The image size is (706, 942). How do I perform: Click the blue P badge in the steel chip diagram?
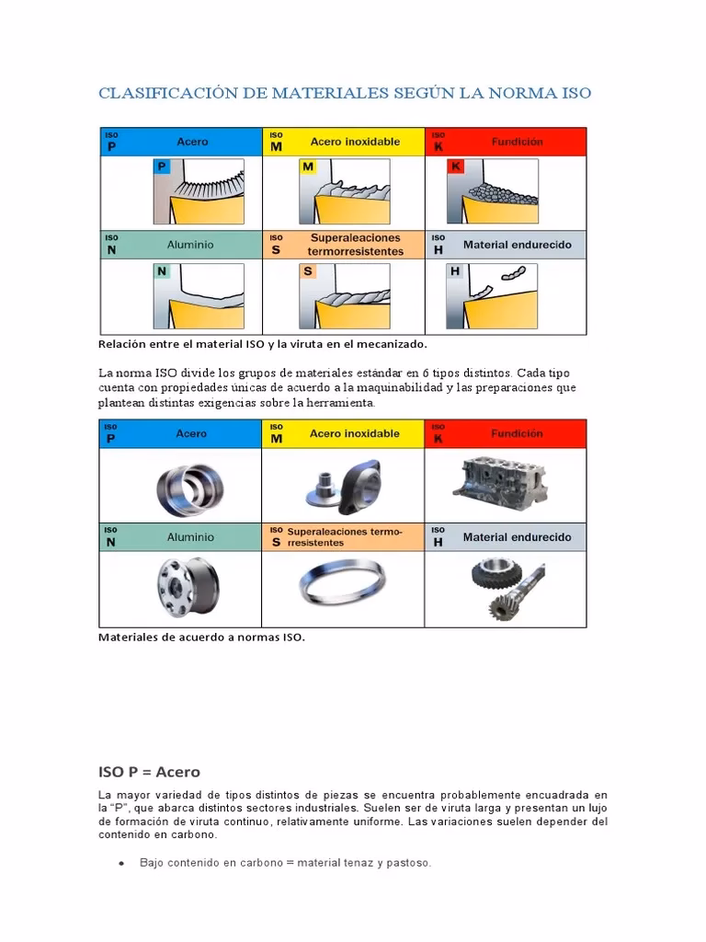pos(162,167)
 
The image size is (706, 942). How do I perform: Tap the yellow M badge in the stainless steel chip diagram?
pos(308,167)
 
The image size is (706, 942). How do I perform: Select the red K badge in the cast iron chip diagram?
pos(454,167)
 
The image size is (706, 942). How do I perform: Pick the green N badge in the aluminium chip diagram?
pos(162,271)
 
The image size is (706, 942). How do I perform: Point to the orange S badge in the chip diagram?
pos(308,271)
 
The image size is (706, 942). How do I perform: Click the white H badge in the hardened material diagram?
pos(454,271)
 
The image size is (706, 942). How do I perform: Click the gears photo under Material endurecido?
pos(506,587)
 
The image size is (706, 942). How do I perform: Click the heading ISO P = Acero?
pos(149,771)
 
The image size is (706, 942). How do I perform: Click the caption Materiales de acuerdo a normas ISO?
pos(200,636)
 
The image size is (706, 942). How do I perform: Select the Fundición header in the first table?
pos(517,142)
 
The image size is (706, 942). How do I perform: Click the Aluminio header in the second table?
pos(189,536)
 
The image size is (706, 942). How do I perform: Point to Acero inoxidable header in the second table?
pos(354,433)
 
